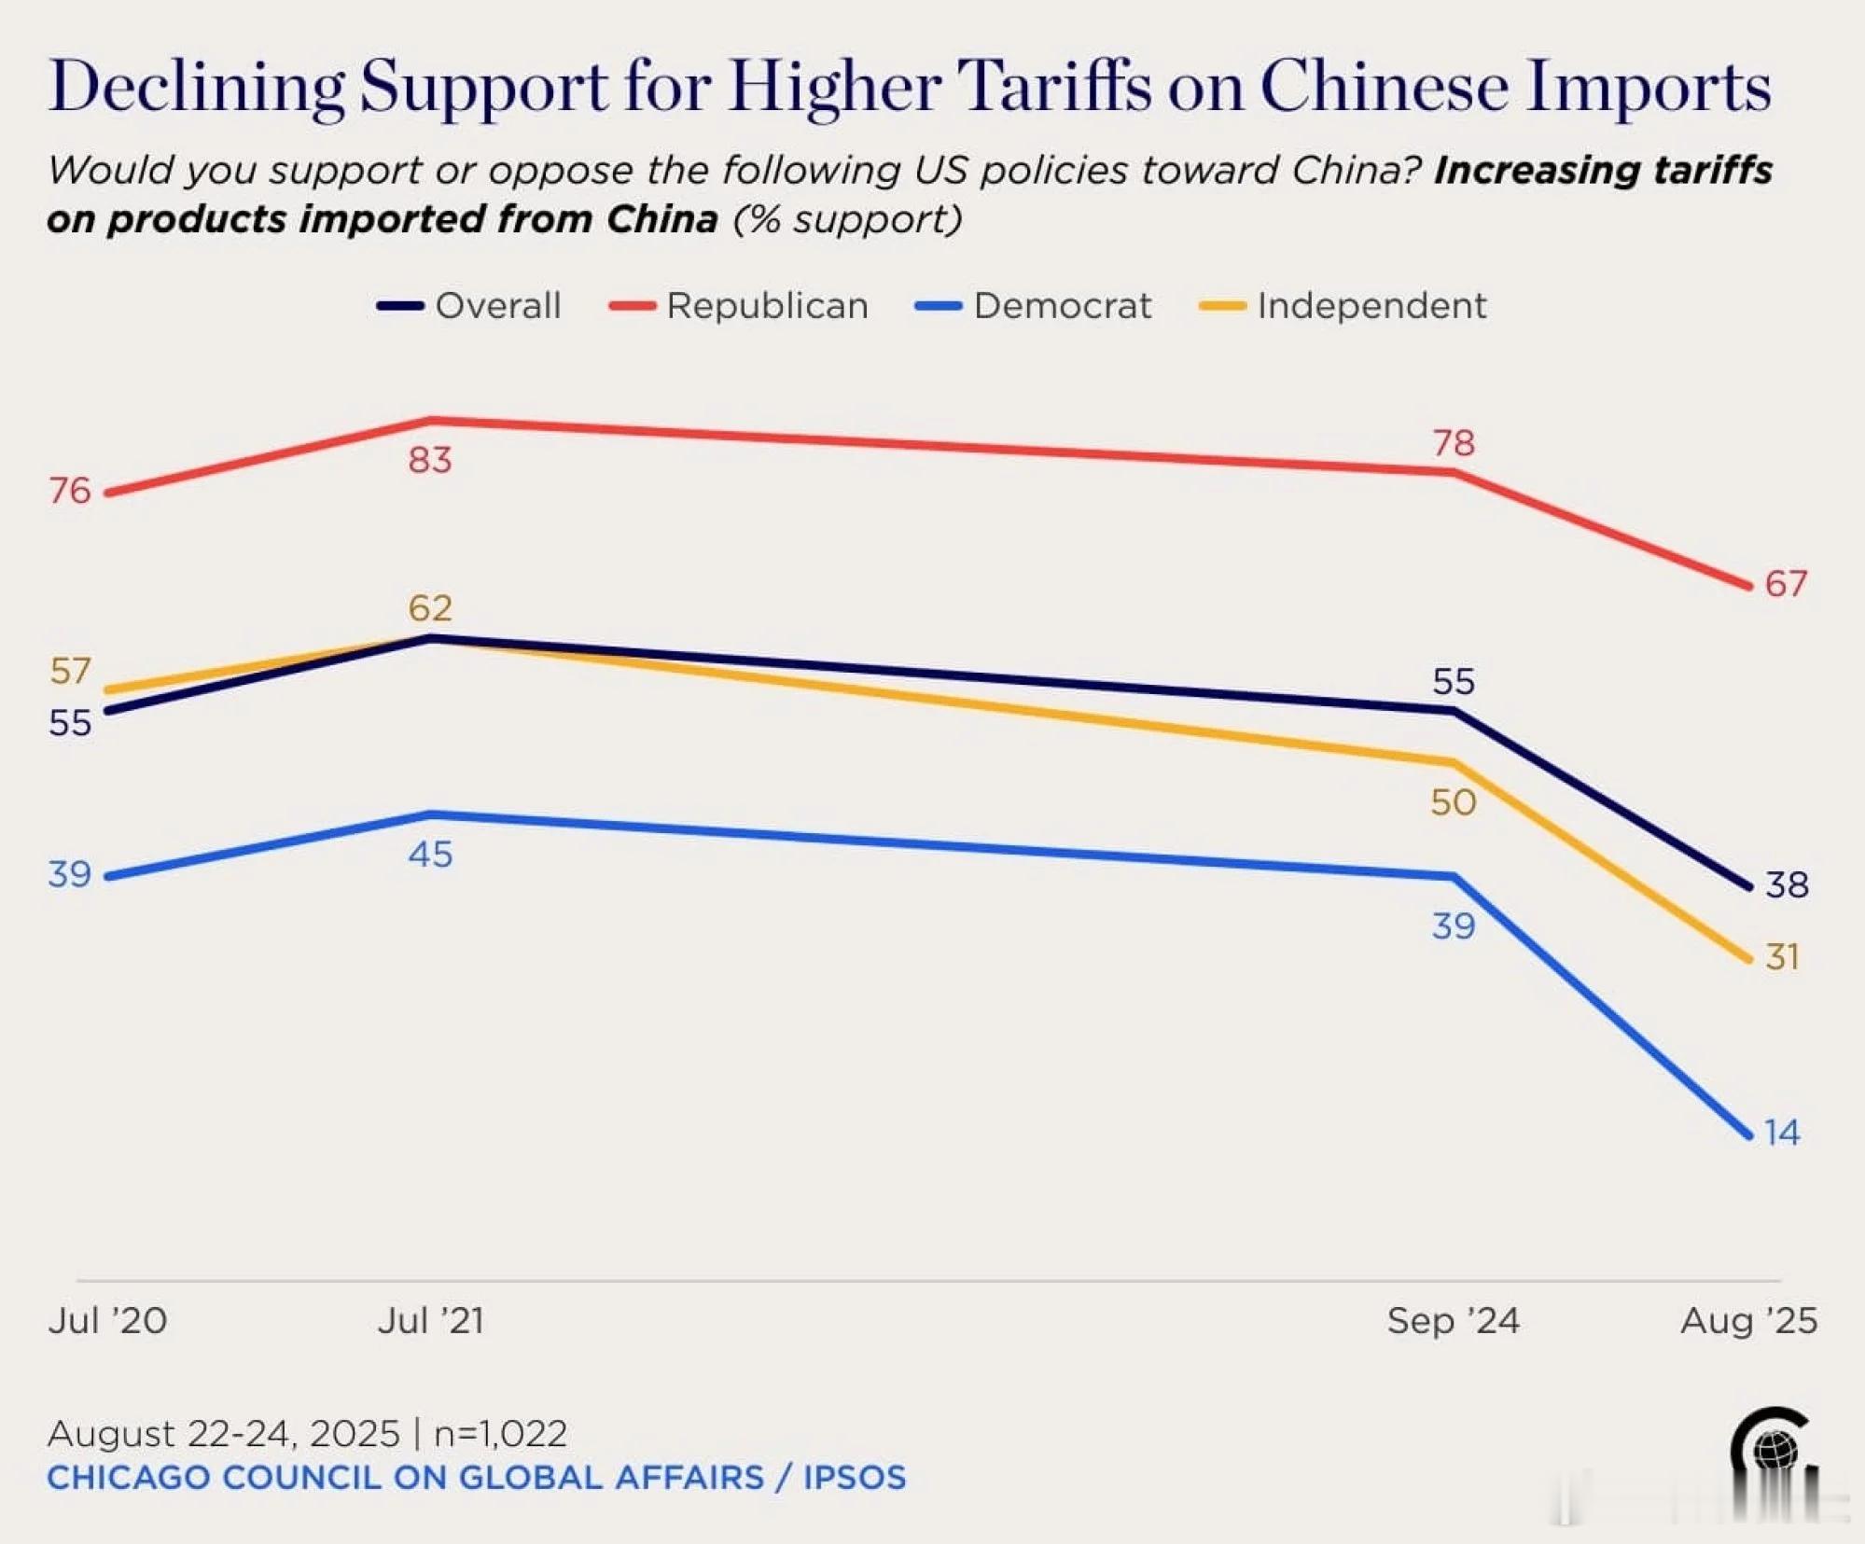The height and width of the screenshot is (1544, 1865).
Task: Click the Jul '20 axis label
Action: point(107,1321)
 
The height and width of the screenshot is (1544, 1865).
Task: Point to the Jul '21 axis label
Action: point(431,1321)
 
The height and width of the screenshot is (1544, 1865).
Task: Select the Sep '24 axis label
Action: point(1453,1321)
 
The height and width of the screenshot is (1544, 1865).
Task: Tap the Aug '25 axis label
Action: point(1748,1321)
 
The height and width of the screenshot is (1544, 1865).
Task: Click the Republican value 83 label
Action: point(430,460)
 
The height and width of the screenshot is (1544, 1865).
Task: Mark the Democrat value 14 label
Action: point(1782,1133)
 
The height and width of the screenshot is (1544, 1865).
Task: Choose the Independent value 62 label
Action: point(430,608)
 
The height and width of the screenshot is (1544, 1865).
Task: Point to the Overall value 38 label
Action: point(1787,884)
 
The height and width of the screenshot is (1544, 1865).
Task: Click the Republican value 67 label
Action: point(1786,584)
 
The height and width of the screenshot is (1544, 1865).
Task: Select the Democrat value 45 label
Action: point(430,855)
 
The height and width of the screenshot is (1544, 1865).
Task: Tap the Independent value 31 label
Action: point(1782,957)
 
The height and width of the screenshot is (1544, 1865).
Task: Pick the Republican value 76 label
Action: point(70,491)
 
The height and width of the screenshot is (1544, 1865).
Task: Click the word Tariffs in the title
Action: point(1054,87)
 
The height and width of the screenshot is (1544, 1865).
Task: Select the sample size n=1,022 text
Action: point(500,1434)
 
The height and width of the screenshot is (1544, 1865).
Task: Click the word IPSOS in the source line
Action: point(854,1478)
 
